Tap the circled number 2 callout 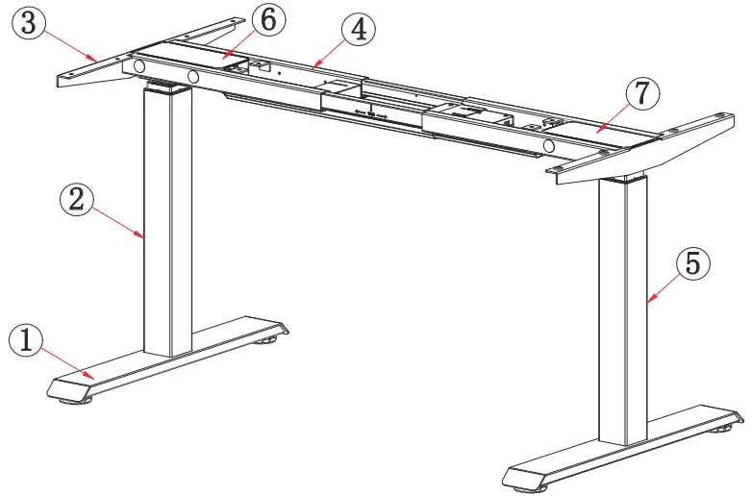[78, 200]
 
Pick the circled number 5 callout [694, 263]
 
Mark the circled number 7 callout [643, 94]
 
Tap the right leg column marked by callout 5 [621, 308]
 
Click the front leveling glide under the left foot [70, 399]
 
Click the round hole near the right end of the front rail [551, 145]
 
